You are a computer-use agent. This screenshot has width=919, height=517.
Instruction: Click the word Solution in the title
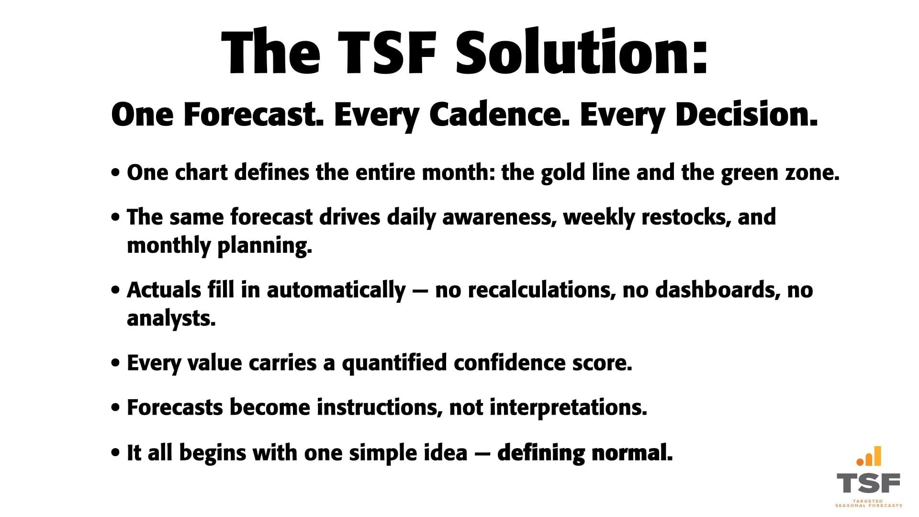tap(581, 51)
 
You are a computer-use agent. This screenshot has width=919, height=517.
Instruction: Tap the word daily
tap(411, 217)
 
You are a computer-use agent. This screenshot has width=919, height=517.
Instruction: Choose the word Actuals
tap(164, 290)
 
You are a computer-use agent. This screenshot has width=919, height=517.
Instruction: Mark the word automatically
tap(336, 290)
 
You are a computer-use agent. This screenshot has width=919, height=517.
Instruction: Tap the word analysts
tap(171, 318)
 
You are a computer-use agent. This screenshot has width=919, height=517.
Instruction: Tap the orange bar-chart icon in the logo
tap(869, 456)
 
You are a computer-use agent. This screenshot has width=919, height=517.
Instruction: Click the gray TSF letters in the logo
tap(868, 483)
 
